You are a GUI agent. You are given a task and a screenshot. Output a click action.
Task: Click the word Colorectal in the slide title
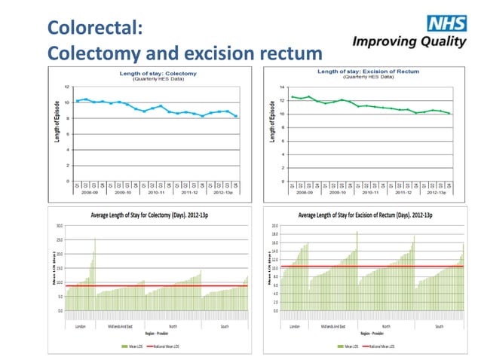[x=90, y=29]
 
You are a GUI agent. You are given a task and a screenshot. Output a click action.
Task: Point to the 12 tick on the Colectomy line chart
[x=69, y=87]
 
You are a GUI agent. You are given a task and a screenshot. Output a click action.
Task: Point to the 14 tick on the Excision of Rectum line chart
[x=282, y=87]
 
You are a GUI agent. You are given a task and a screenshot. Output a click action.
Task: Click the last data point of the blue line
[x=237, y=116]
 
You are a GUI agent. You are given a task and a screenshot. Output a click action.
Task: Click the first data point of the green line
[x=292, y=96]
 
